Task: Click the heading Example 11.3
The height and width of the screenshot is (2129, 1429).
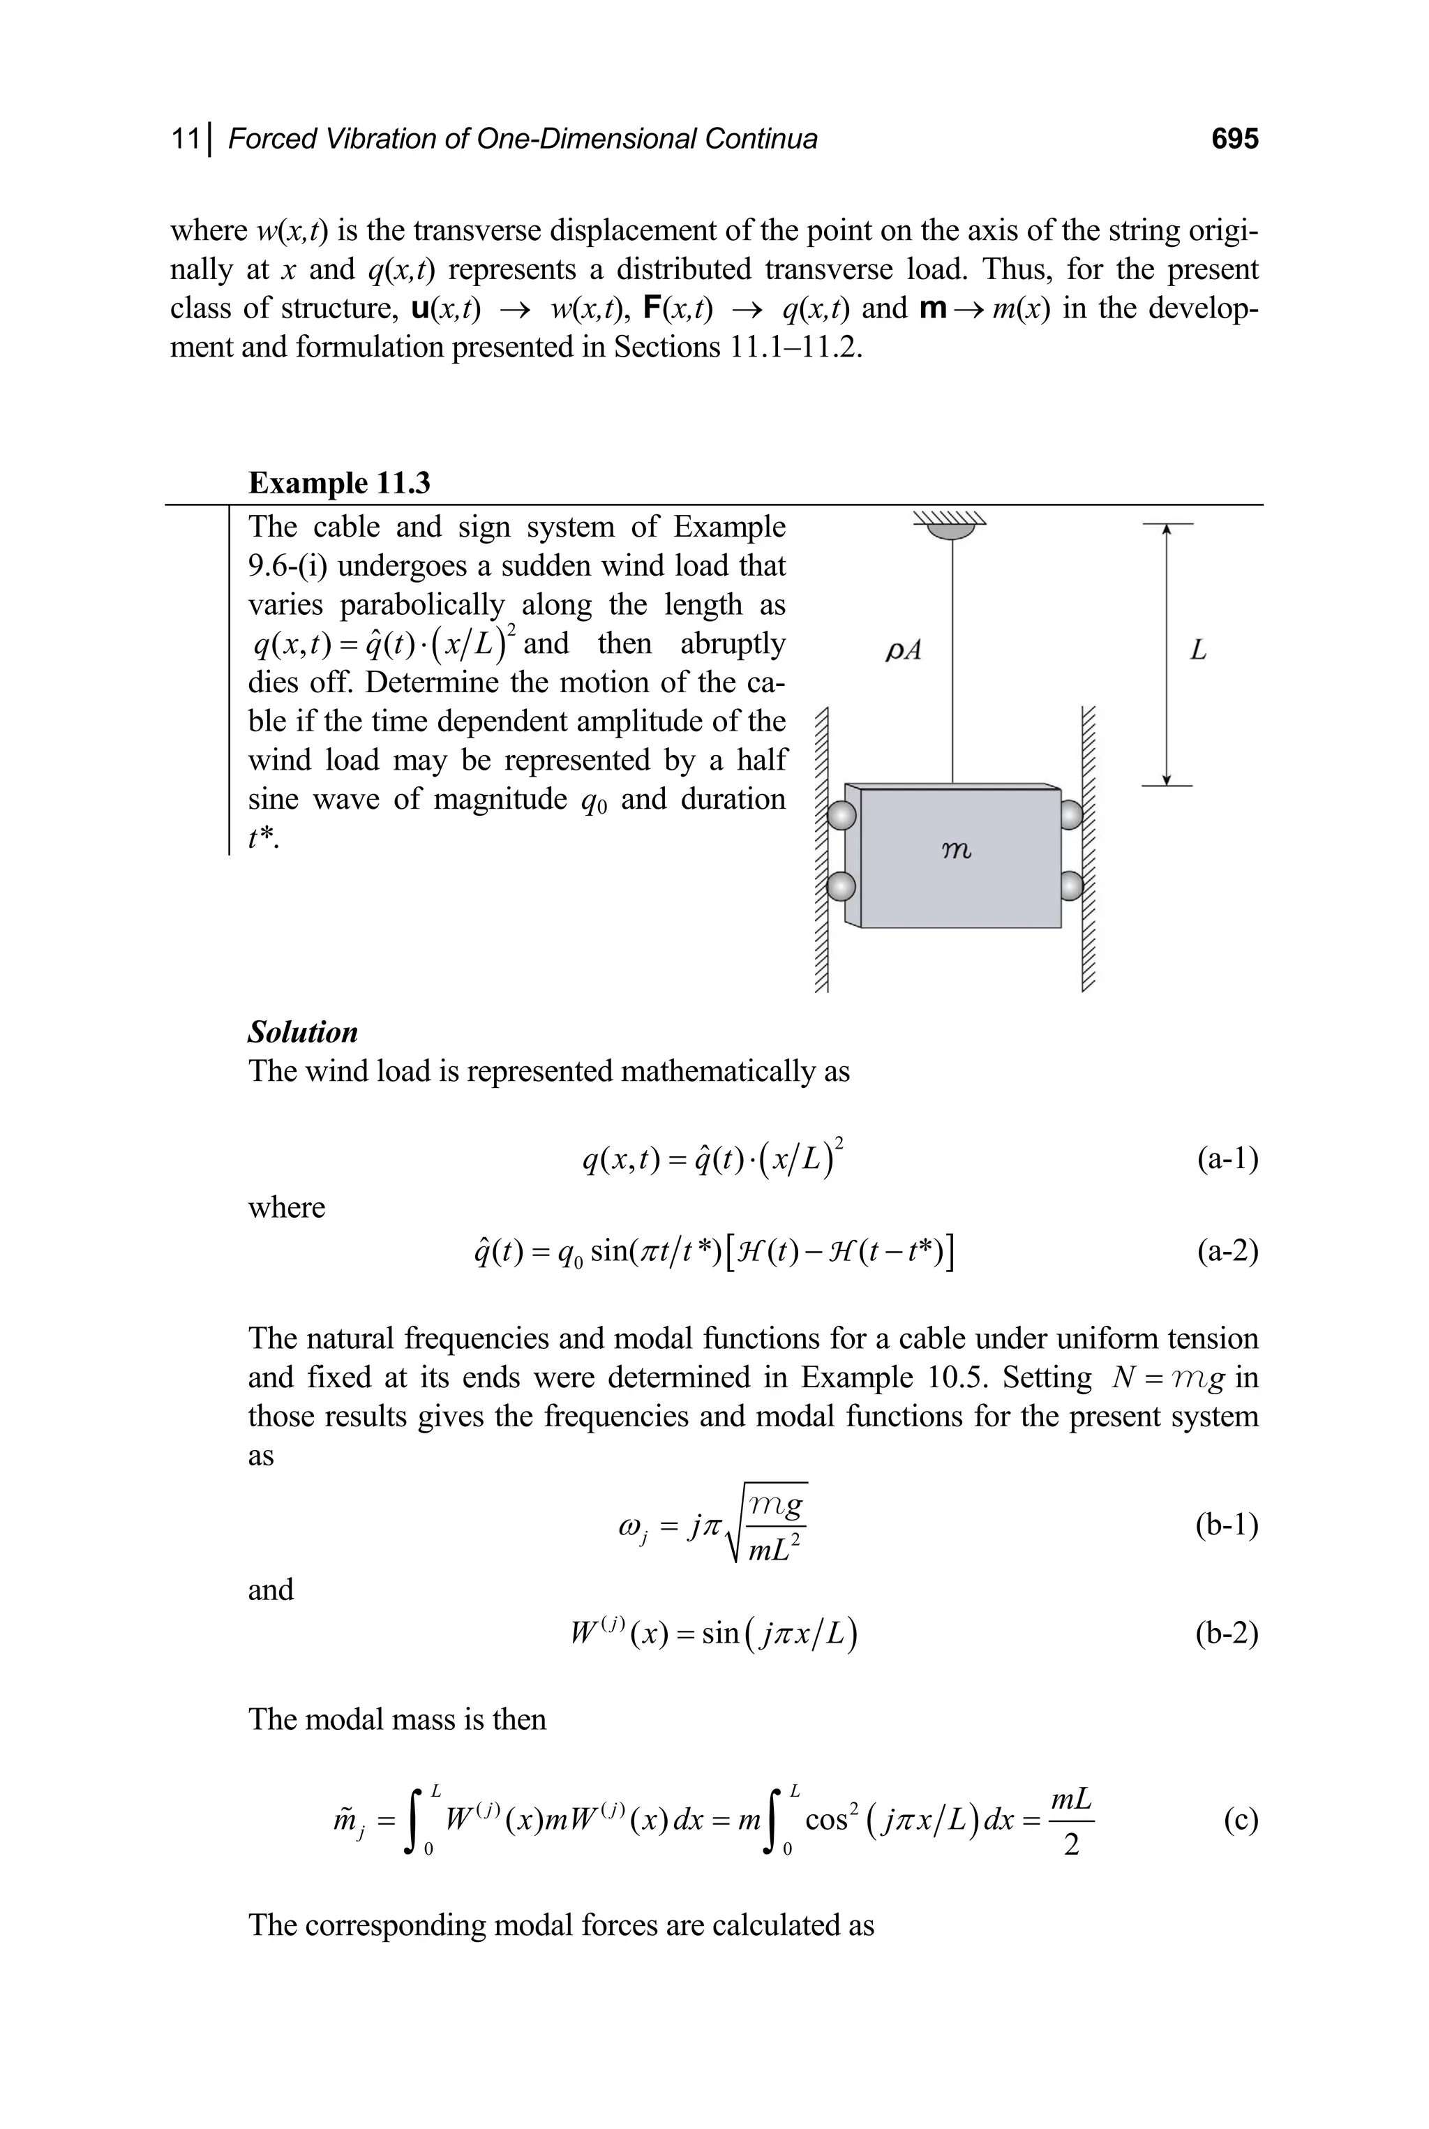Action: pyautogui.click(x=339, y=482)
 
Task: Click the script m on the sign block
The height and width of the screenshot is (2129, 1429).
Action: pyautogui.click(x=955, y=851)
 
